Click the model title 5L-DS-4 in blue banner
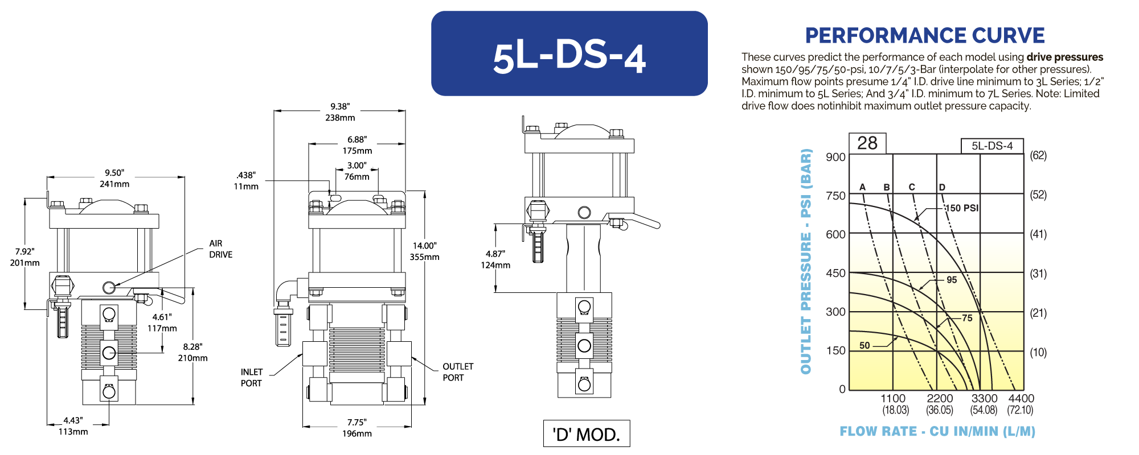pos(569,57)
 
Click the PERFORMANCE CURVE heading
pos(924,36)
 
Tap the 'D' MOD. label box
pos(586,434)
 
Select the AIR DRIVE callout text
pos(220,249)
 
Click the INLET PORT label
pos(251,378)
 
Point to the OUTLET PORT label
pos(458,372)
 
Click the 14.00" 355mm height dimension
pos(425,251)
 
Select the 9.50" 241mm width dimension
pos(114,178)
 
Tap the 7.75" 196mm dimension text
pos(357,428)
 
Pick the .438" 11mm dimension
pos(246,181)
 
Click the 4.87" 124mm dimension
pos(495,259)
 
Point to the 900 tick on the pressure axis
pos(835,157)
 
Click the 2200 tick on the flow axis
pos(940,399)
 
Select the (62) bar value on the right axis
pos(1038,155)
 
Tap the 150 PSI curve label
pos(962,208)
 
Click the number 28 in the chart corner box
pos(867,143)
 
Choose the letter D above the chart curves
pos(942,187)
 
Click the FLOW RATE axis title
pos(937,431)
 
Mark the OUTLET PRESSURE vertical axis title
pos(806,262)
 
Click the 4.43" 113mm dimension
pos(73,426)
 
